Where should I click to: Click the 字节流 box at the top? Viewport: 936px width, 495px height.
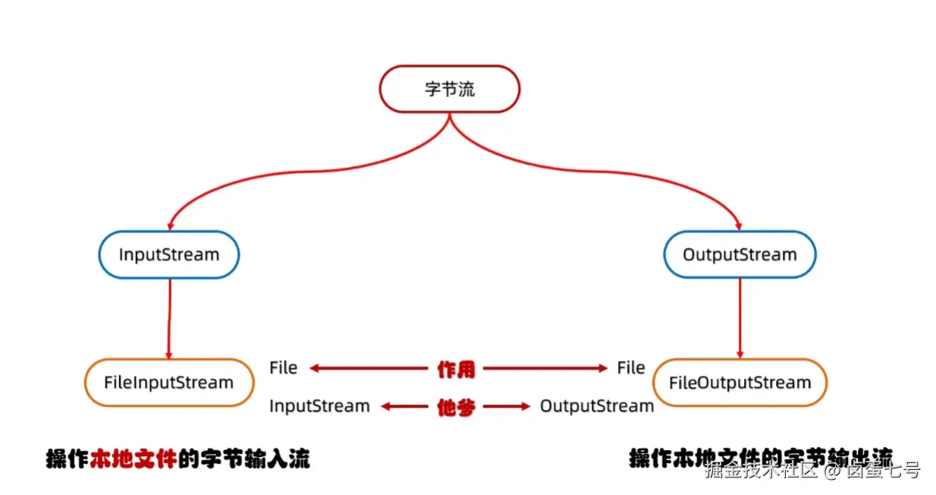tap(449, 89)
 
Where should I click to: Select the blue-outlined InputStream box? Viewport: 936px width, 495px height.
tap(168, 254)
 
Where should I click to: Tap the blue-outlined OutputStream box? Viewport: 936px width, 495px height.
tap(740, 254)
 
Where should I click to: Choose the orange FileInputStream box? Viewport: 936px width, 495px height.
tap(168, 382)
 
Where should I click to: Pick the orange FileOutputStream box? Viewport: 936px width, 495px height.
tap(740, 383)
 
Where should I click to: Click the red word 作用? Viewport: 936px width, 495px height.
tap(456, 369)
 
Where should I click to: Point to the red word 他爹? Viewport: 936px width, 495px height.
tap(456, 407)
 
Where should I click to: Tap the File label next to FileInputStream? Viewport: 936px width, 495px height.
tap(283, 368)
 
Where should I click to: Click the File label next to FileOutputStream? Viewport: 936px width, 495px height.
tap(630, 368)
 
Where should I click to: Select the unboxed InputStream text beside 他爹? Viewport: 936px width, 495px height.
tap(319, 406)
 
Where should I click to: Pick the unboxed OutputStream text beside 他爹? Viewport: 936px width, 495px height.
tap(596, 406)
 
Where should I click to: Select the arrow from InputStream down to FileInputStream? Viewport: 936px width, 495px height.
tap(169, 319)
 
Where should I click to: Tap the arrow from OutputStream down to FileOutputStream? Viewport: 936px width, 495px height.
tap(740, 319)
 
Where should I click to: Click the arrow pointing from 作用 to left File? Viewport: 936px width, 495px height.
tap(368, 369)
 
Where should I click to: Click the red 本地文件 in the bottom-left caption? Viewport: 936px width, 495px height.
tap(133, 459)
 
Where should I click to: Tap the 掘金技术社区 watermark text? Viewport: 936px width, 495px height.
tap(762, 471)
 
